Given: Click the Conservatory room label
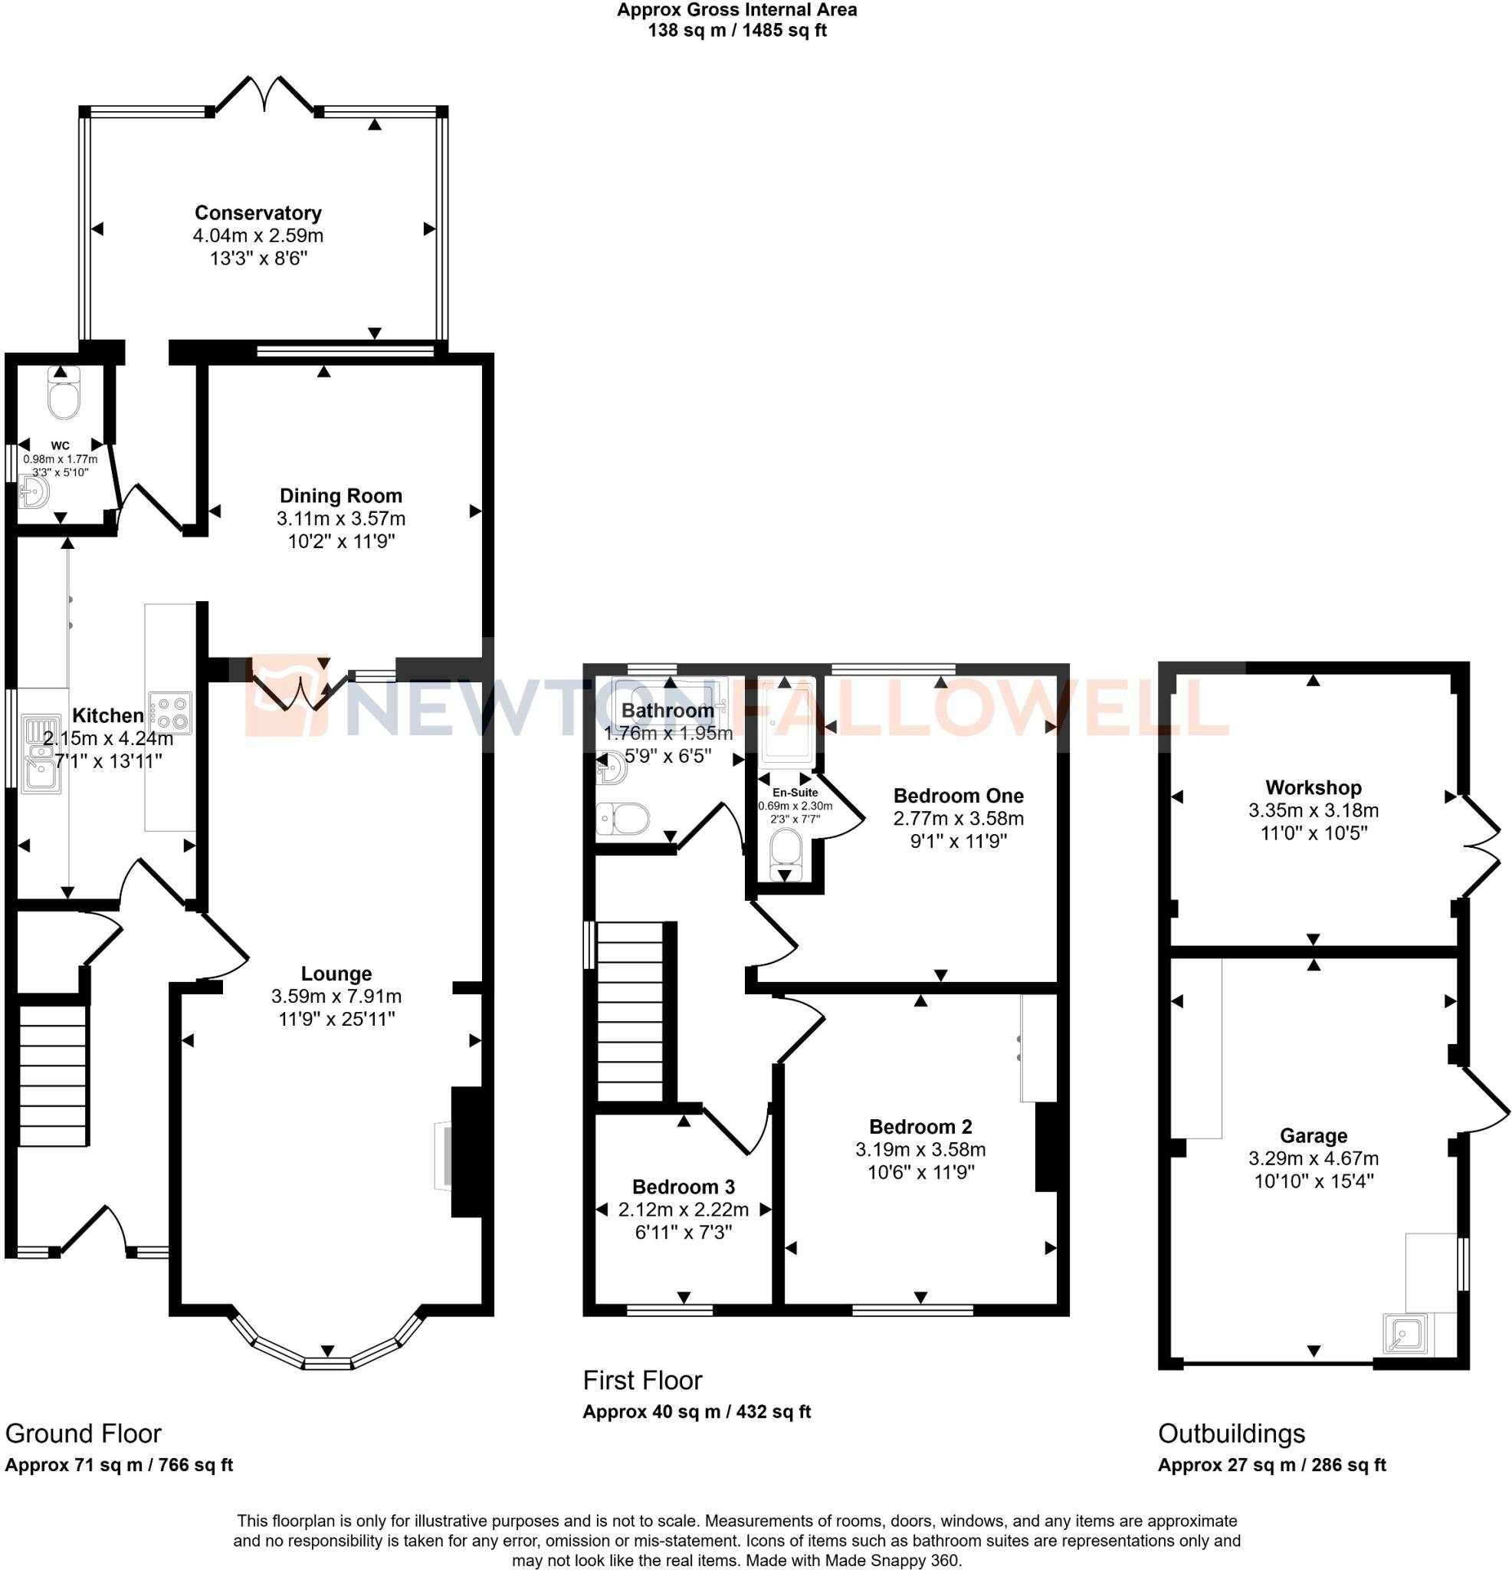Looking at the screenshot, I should click(x=257, y=213).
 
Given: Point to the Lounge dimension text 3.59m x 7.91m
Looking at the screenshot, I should click(x=336, y=997).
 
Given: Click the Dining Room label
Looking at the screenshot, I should click(x=340, y=496).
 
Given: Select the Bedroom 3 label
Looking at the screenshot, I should click(x=683, y=1187).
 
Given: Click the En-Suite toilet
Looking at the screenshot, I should click(x=786, y=853).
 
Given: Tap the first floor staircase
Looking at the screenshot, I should click(x=630, y=1012).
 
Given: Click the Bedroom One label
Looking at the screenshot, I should click(x=958, y=796).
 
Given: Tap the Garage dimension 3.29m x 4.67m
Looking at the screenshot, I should click(x=1313, y=1158).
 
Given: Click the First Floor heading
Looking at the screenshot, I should click(x=642, y=1380).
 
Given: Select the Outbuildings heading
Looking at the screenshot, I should click(x=1231, y=1433).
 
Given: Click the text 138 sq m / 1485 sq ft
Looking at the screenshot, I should click(x=736, y=31).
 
